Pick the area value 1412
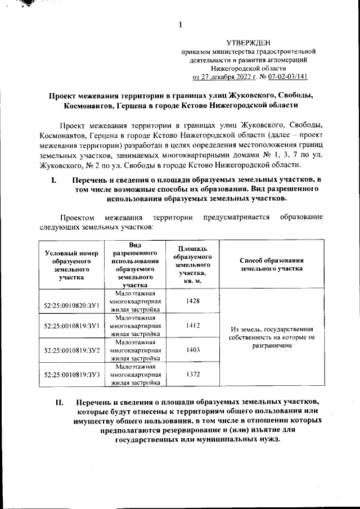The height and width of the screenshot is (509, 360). [x=192, y=325]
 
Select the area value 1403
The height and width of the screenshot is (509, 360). [x=192, y=349]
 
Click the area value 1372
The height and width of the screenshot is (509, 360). [x=192, y=374]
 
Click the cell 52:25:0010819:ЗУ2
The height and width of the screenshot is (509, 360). [x=71, y=350]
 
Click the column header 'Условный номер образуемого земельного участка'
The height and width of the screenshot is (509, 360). [x=71, y=264]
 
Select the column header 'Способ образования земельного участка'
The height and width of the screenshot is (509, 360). [x=272, y=264]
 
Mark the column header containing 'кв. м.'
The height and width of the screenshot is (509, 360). [x=192, y=264]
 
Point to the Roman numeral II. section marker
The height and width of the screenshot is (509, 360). [x=60, y=403]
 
